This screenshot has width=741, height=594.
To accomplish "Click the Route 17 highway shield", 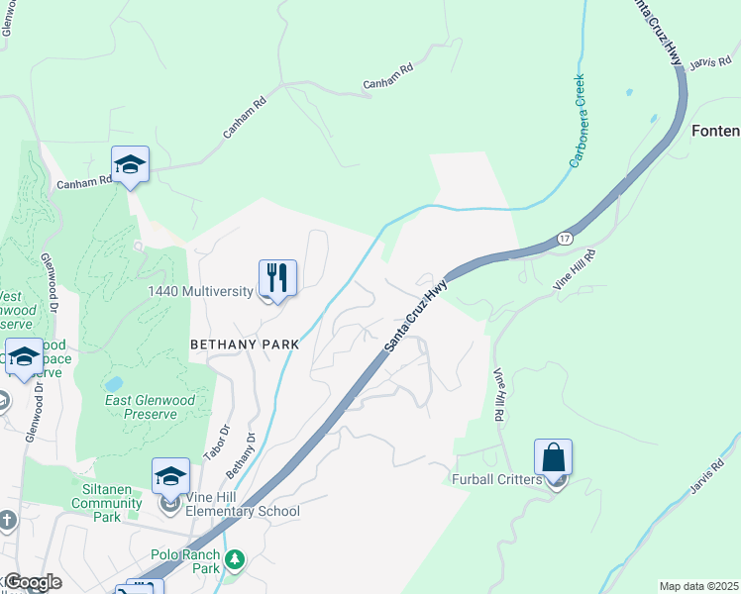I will click(x=564, y=239).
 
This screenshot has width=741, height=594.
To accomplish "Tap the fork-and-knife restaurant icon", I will click(x=277, y=278).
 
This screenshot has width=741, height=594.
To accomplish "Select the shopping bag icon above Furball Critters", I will click(x=553, y=458).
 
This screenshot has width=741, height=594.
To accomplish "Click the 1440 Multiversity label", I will click(x=203, y=291).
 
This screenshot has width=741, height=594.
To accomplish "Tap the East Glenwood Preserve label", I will click(x=151, y=407).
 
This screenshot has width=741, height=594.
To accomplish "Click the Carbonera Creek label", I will click(x=577, y=121).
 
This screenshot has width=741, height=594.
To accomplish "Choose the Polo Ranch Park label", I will click(x=185, y=561).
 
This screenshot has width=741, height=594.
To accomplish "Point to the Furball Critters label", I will click(x=498, y=480).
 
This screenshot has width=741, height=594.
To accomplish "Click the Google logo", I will click(x=33, y=582).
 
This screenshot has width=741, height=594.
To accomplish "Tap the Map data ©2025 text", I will click(x=697, y=586).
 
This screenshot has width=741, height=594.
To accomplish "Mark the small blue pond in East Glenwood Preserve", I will click(x=114, y=382).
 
